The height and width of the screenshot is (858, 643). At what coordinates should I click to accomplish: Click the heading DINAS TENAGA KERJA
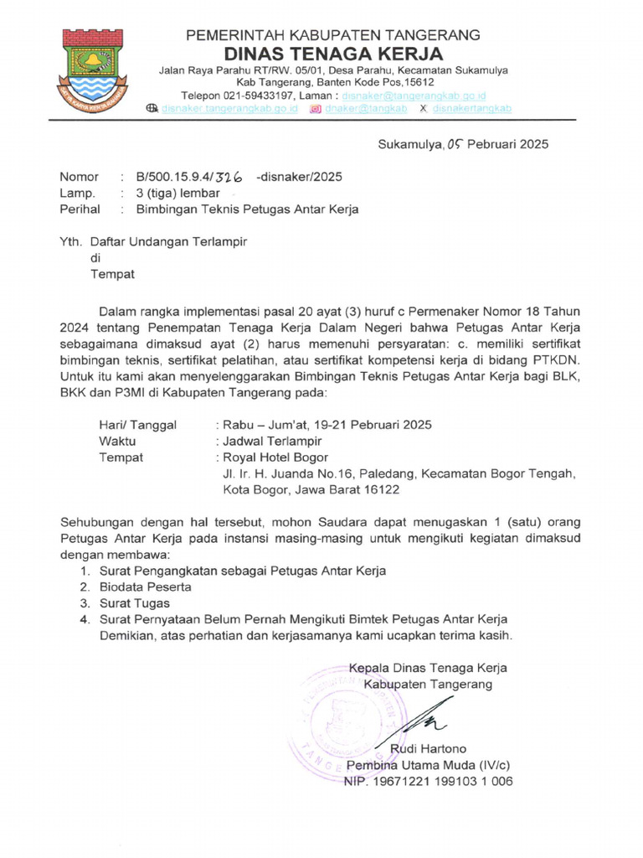click(332, 54)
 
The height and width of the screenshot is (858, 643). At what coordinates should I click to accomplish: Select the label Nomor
click(78, 177)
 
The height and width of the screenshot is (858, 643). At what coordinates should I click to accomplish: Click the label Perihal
click(80, 209)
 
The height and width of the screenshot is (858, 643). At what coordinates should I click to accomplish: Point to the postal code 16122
click(375, 489)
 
